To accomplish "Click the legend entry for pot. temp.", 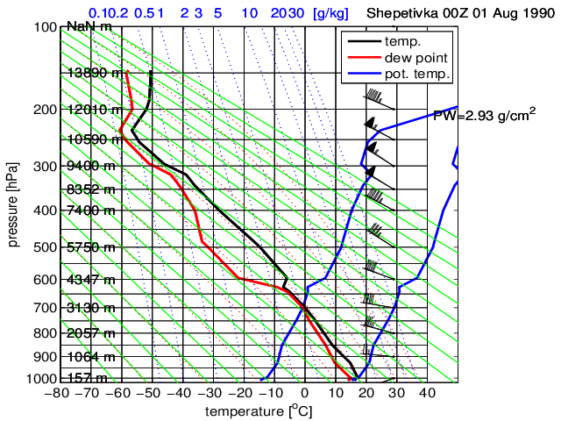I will (418, 74).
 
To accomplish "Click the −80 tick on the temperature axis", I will (57, 394).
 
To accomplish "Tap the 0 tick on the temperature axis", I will (304, 394).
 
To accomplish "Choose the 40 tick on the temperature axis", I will (427, 394).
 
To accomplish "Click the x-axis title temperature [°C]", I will (254, 411).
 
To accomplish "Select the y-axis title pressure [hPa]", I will (13, 203).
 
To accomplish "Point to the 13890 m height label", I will (96, 73).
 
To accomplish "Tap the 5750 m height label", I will (90, 248).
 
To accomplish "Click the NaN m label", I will (89, 26).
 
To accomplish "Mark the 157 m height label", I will (88, 378).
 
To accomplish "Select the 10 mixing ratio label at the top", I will (249, 14).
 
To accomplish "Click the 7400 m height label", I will (90, 210).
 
